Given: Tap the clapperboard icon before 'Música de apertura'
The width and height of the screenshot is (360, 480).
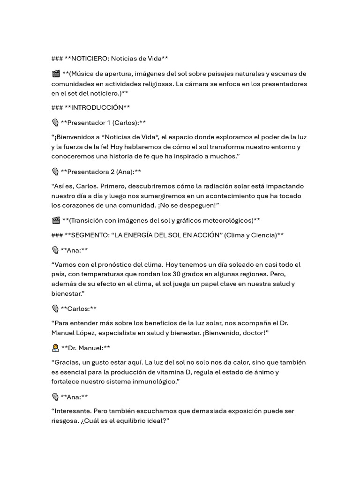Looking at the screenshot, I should coord(56,74).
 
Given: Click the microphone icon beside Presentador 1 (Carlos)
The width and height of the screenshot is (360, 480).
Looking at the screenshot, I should coord(55,123).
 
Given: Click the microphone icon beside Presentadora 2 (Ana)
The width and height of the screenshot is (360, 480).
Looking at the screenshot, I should coord(55,172).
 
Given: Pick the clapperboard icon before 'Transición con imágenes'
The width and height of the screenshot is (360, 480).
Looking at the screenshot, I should coord(56,220).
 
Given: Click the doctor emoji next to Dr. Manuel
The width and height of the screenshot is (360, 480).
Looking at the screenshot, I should coord(55,347).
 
